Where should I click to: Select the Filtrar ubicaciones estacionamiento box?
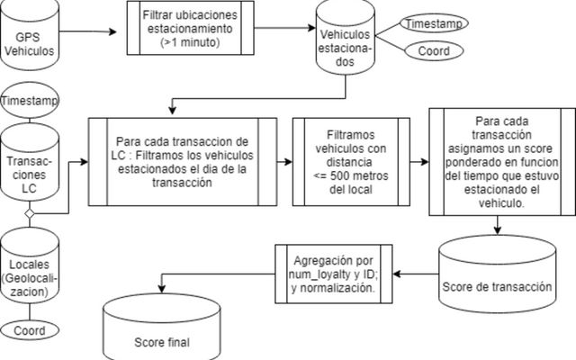(192, 29)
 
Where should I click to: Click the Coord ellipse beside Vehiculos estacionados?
(434, 51)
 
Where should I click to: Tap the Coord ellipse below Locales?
(30, 331)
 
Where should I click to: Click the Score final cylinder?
(162, 326)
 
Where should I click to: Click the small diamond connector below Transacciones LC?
(29, 214)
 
